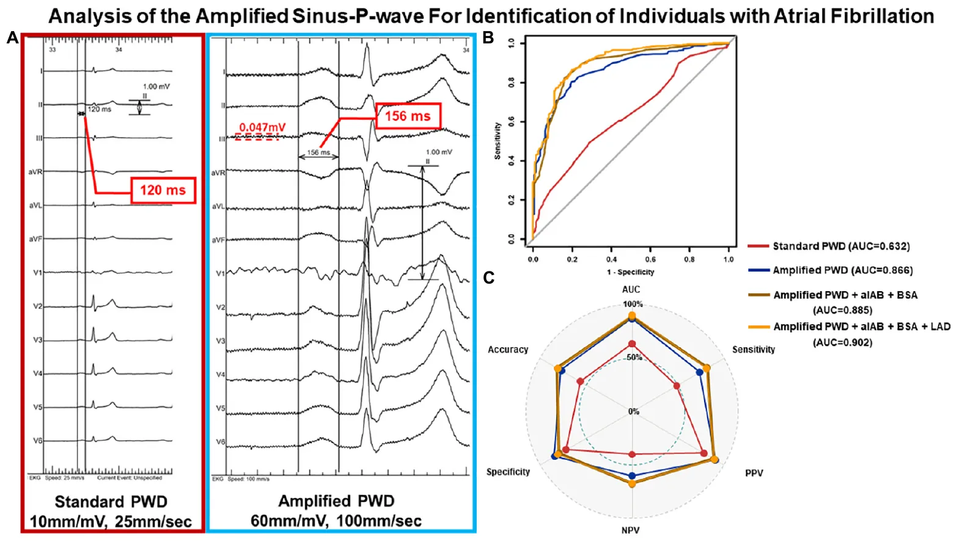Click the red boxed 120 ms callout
[163, 190]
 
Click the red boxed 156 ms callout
[408, 116]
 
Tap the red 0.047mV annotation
[262, 128]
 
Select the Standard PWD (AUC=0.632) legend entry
[841, 246]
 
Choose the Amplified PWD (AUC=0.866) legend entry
[842, 270]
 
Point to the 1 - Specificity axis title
[630, 272]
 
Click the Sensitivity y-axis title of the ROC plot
[498, 141]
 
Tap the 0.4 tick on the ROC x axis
[611, 259]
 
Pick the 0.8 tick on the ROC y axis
[512, 83]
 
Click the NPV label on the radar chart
[630, 530]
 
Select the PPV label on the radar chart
[754, 473]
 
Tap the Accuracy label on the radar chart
[507, 350]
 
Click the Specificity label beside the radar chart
[508, 472]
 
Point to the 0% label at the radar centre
[634, 412]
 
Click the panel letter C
[488, 278]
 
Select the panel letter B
[488, 38]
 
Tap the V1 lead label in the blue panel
[221, 273]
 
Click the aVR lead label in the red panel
[35, 172]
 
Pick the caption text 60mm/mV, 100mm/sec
[336, 521]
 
